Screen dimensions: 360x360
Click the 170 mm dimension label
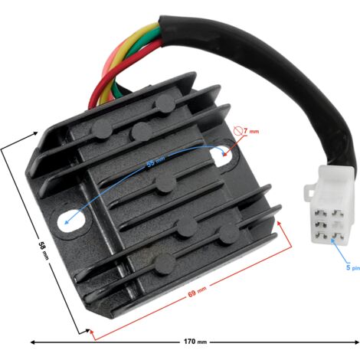click(195, 342)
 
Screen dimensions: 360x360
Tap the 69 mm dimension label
click(197, 292)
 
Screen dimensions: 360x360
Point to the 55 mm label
click(155, 162)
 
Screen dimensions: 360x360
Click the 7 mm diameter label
click(250, 131)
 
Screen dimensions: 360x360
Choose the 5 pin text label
click(352, 267)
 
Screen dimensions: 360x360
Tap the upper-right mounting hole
click(221, 156)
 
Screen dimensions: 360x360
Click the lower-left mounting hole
click(71, 220)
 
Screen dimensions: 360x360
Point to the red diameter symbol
click(237, 131)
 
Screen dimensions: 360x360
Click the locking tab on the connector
click(309, 191)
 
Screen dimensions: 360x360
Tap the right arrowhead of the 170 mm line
click(357, 342)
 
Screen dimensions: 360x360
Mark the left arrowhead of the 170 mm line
click(33, 342)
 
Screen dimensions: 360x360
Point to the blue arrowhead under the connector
click(332, 241)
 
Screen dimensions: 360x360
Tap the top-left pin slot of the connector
click(318, 212)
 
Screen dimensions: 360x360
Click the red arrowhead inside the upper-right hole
click(224, 154)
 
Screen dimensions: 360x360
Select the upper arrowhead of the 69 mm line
click(280, 224)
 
